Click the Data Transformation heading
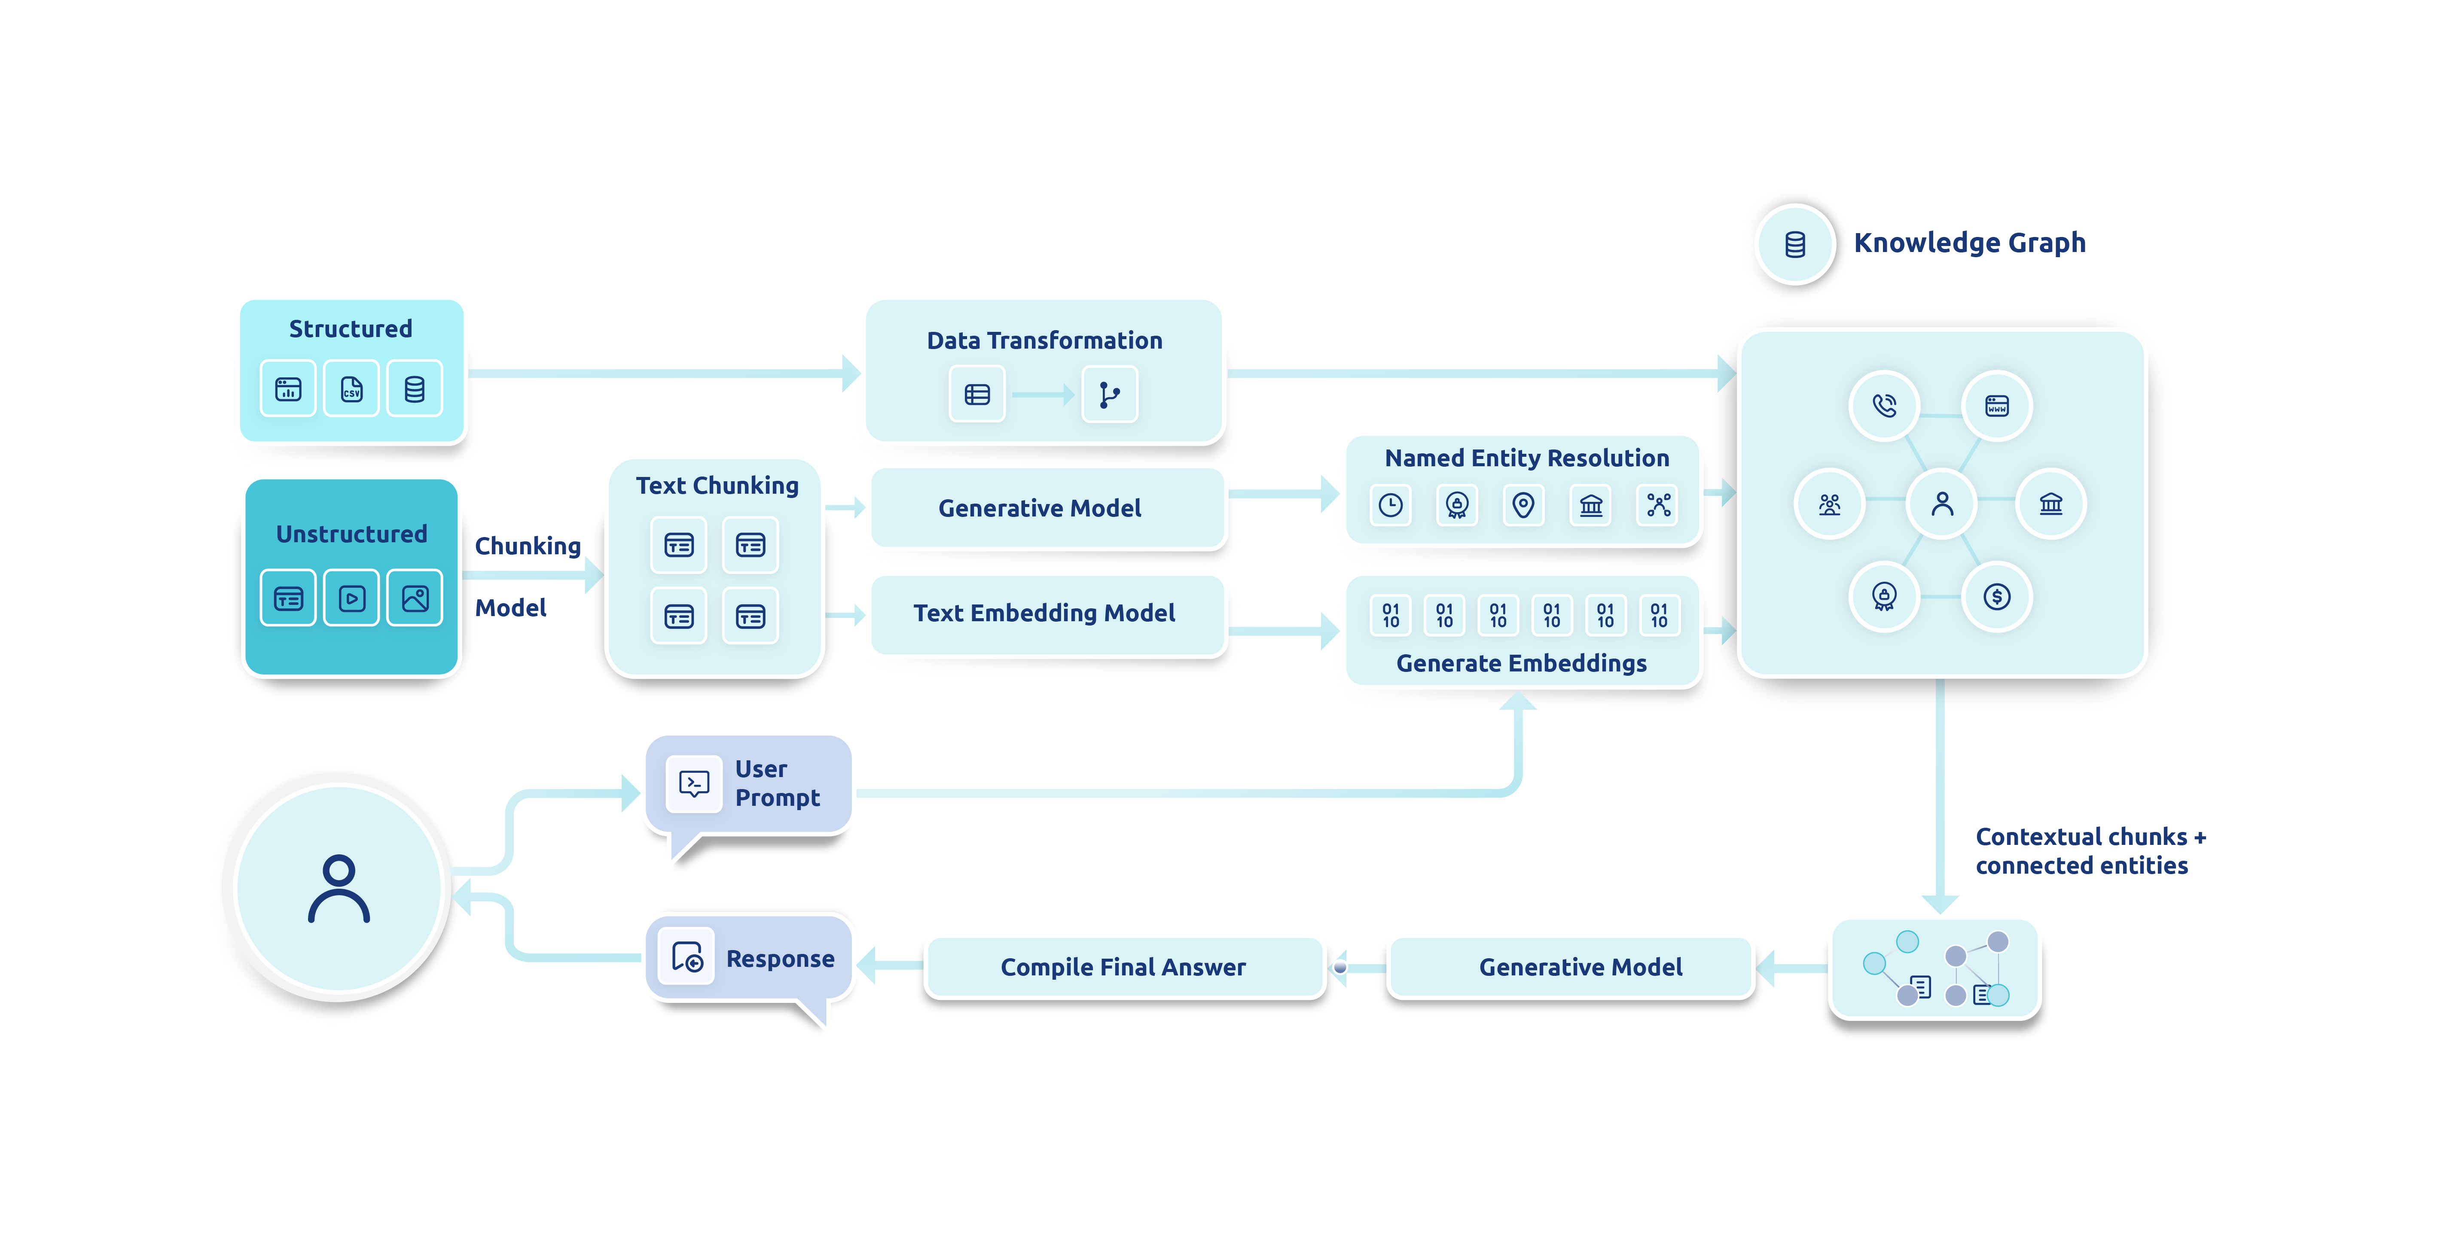1044,340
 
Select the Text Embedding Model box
1044,613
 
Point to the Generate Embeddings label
1521,663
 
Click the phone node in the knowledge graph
1884,406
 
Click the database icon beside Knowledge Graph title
1794,245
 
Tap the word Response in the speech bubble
780,959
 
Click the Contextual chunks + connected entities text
2090,851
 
